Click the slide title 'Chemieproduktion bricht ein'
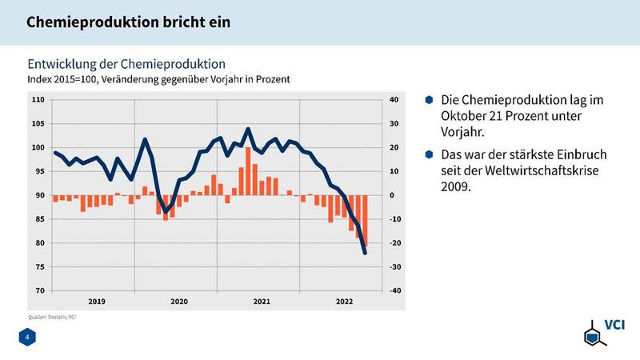click(x=128, y=22)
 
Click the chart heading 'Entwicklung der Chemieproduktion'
click(x=126, y=63)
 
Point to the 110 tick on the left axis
click(x=38, y=100)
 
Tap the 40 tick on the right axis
click(x=393, y=100)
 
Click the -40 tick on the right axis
click(x=394, y=290)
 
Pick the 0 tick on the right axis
click(x=391, y=195)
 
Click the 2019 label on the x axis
click(x=97, y=302)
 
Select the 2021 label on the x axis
click(x=262, y=302)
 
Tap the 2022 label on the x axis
click(x=344, y=302)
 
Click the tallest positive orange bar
click(x=249, y=171)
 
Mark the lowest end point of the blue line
click(x=365, y=253)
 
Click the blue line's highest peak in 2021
click(x=248, y=129)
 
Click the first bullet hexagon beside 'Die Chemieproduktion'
click(x=429, y=101)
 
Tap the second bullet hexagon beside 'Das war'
click(x=429, y=153)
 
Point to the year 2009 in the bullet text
click(x=456, y=188)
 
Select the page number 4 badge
click(x=27, y=339)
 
